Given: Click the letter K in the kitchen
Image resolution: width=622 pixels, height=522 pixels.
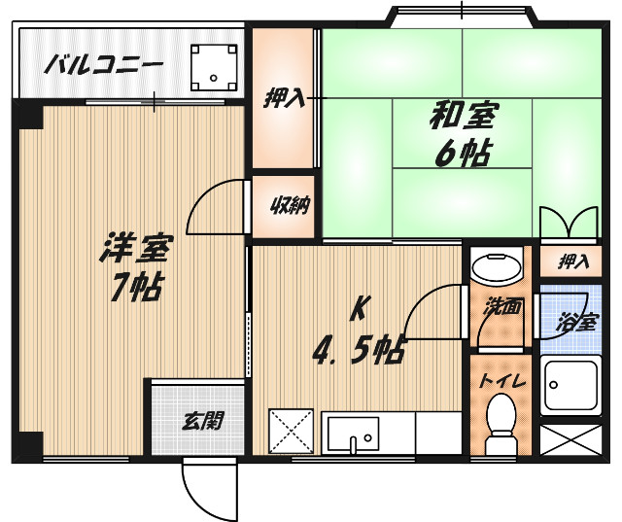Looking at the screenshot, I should pos(359,310).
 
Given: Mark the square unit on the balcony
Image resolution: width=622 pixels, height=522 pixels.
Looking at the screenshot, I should pos(214,65).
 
